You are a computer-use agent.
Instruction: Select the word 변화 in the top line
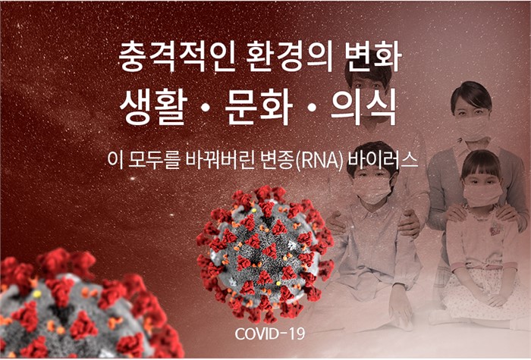point(373,56)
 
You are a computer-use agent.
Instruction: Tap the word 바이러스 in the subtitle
point(382,160)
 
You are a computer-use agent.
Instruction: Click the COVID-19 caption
point(270,333)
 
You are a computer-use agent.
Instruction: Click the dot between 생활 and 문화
point(206,108)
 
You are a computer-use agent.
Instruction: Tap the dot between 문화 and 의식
point(312,108)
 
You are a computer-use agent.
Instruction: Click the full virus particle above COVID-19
point(265,254)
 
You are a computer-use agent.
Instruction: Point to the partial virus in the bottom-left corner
point(85,305)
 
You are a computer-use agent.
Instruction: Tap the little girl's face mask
point(482,194)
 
